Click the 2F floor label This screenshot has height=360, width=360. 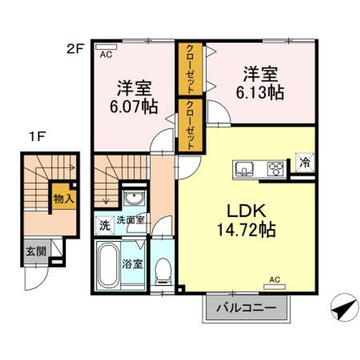pyautogui.click(x=75, y=49)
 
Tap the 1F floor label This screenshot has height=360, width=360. pyautogui.click(x=36, y=137)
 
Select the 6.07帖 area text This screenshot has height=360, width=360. pyautogui.click(x=134, y=107)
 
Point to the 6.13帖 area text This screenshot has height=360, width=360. pyautogui.click(x=260, y=93)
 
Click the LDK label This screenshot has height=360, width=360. pyautogui.click(x=246, y=211)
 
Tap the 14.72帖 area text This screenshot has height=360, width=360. pyautogui.click(x=246, y=230)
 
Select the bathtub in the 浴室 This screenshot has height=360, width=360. pyautogui.click(x=108, y=264)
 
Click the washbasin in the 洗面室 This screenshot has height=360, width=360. pyautogui.click(x=134, y=197)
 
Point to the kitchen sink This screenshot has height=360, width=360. pyautogui.click(x=243, y=169)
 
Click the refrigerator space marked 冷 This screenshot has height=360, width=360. pyautogui.click(x=305, y=163)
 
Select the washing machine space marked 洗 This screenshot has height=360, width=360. pyautogui.click(x=104, y=225)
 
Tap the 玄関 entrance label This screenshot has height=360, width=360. pyautogui.click(x=36, y=251)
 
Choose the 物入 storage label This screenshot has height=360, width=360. pyautogui.click(x=63, y=198)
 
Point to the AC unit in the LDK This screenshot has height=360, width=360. pyautogui.click(x=274, y=286)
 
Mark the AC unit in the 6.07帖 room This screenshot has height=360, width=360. pyautogui.click(x=106, y=47)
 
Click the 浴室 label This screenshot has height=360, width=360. pyautogui.click(x=133, y=264)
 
